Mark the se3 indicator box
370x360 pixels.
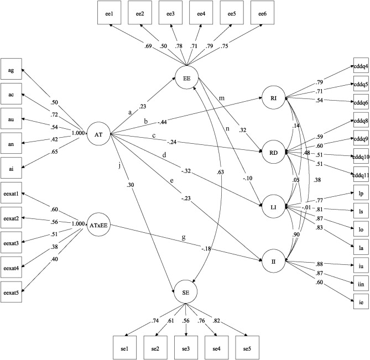click(186, 348)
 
